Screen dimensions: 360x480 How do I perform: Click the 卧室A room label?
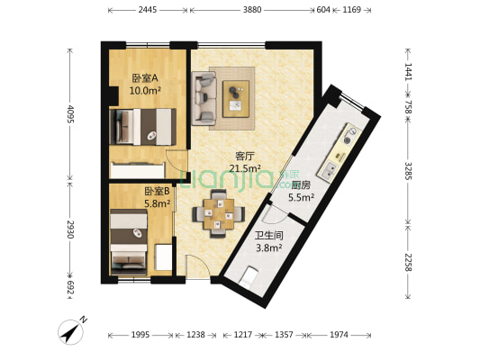(x=146, y=77)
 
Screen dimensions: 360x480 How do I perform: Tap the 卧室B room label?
(x=157, y=192)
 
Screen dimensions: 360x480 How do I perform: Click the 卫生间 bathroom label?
(x=268, y=237)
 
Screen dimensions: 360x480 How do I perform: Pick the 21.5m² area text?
(x=245, y=167)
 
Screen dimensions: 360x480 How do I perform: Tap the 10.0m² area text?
(x=145, y=90)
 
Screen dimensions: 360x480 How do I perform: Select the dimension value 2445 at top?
(x=149, y=10)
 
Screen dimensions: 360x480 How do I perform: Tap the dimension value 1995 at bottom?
(x=140, y=336)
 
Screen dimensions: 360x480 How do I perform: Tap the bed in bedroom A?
(x=142, y=127)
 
